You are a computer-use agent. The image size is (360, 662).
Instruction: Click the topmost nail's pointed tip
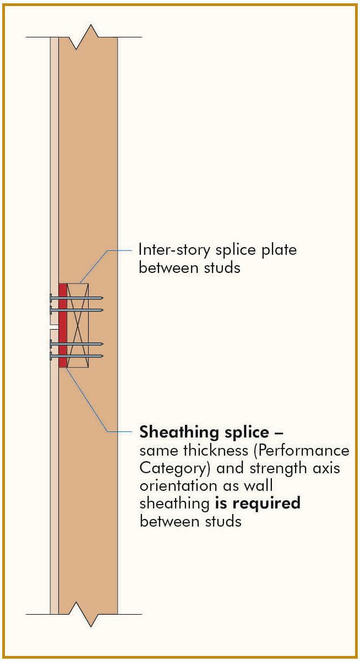click(102, 298)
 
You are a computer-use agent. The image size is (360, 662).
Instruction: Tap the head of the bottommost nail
click(51, 357)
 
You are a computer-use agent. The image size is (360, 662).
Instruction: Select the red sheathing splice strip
click(63, 325)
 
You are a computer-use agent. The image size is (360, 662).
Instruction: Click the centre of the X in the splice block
click(78, 325)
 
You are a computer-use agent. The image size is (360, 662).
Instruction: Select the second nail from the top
click(77, 310)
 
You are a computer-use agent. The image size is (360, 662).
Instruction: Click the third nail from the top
click(77, 343)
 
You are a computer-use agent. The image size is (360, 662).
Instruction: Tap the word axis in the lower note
click(313, 468)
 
